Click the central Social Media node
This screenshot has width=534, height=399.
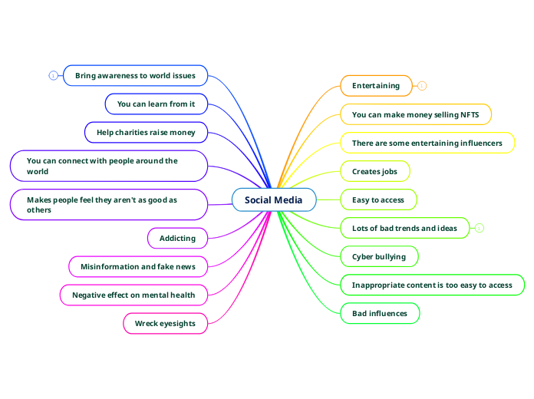[x=274, y=199]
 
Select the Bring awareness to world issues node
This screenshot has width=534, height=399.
[x=135, y=75]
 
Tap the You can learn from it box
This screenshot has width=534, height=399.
[x=156, y=104]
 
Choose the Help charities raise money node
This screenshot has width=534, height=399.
[x=146, y=132]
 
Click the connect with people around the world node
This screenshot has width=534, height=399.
[x=109, y=166]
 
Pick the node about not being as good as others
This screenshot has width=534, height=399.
[x=109, y=205]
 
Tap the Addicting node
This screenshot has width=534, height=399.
[x=177, y=238]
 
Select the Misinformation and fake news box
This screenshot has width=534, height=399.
[x=138, y=266]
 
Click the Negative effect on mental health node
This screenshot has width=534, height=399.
[x=133, y=295]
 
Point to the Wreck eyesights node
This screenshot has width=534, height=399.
[x=165, y=323]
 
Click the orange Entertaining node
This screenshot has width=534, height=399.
[x=376, y=85]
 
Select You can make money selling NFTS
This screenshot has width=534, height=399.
[x=415, y=114]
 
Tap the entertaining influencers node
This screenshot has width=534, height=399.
[x=427, y=143]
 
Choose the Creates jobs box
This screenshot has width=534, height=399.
[x=374, y=171]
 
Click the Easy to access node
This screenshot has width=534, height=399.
[x=378, y=199]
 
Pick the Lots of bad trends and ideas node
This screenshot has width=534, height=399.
[x=404, y=228]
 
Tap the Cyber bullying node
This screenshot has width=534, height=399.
[x=379, y=256]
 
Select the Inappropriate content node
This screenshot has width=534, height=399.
[x=432, y=285]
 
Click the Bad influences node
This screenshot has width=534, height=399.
[x=380, y=313]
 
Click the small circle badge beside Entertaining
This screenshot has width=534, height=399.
[x=422, y=86]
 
